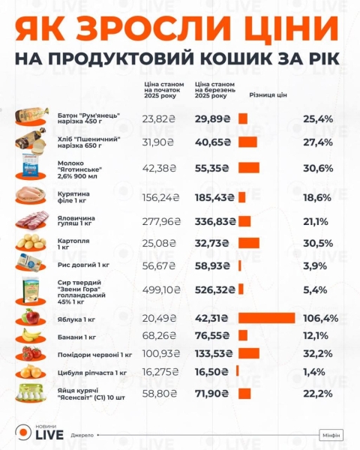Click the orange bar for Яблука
266,317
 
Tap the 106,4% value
320,318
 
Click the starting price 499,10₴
159,289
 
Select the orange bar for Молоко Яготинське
248,168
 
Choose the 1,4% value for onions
314,372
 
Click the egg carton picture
32,392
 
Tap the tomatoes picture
32,353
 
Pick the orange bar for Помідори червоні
249,353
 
